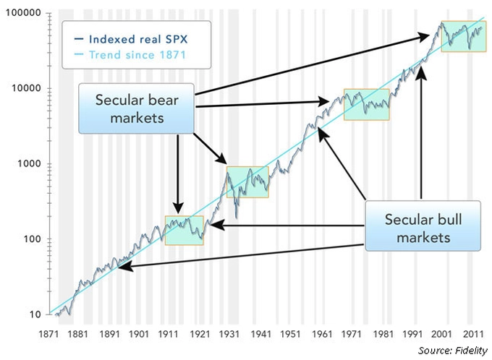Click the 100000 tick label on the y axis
[23, 12]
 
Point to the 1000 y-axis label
[29, 163]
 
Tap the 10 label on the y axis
[35, 314]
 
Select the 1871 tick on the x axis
[48, 334]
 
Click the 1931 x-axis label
[229, 334]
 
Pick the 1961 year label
[322, 334]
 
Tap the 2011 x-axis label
[473, 334]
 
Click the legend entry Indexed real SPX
[131, 39]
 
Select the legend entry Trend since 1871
[130, 55]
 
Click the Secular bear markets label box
[137, 108]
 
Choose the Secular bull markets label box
[423, 226]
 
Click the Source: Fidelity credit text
[453, 351]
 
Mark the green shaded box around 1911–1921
[184, 231]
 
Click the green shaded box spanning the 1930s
[247, 182]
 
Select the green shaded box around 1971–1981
[367, 105]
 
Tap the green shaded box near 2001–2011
[464, 36]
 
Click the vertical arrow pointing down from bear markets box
[178, 174]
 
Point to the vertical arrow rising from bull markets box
[421, 133]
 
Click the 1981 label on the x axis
[383, 334]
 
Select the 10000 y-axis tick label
[26, 88]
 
